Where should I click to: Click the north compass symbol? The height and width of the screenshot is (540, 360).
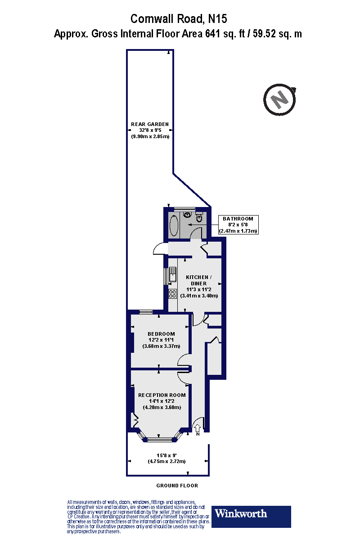pyautogui.click(x=280, y=99)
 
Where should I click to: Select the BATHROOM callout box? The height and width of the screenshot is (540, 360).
pyautogui.click(x=238, y=225)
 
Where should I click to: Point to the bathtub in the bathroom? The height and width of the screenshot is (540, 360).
pyautogui.click(x=173, y=225)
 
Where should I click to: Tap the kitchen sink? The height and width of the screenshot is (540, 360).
pyautogui.click(x=172, y=275)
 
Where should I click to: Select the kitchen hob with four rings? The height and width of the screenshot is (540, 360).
pyautogui.click(x=172, y=294)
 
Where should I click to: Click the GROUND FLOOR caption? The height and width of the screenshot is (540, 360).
pyautogui.click(x=177, y=486)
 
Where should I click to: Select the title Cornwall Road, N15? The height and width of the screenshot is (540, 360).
pyautogui.click(x=179, y=19)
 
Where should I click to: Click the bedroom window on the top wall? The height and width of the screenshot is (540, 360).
pyautogui.click(x=145, y=312)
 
